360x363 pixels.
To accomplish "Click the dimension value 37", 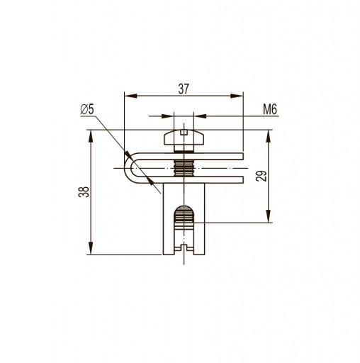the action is click(x=184, y=89).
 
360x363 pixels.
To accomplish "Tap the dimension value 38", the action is click(x=84, y=192).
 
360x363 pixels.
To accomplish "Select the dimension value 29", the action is click(x=261, y=176).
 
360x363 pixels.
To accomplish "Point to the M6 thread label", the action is click(x=270, y=109).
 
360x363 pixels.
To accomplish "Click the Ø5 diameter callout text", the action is click(x=87, y=109).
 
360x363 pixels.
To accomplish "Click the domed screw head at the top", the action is click(x=184, y=138).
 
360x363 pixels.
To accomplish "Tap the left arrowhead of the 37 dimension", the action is click(x=130, y=96).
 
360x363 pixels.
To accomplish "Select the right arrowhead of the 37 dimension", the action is click(x=237, y=96).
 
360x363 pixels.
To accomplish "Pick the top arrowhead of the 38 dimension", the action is click(x=91, y=136).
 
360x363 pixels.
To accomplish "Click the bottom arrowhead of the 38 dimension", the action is click(x=91, y=248).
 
